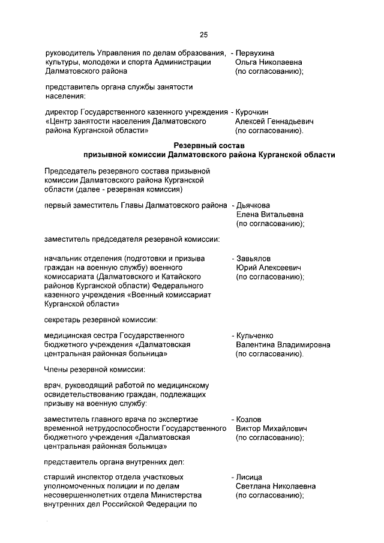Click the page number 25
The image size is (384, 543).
[x=203, y=34]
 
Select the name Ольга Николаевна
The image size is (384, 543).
[x=268, y=62]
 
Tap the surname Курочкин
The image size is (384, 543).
[x=255, y=112]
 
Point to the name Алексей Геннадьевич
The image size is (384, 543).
[x=270, y=121]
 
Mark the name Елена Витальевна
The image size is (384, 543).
[x=269, y=214]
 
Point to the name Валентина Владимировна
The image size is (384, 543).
[x=283, y=344]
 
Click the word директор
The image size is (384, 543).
[x=62, y=112]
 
